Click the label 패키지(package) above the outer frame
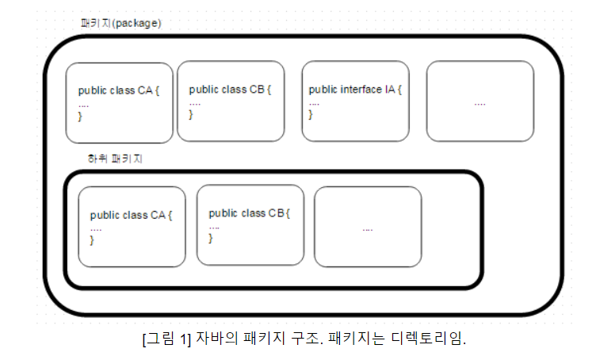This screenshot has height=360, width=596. tap(121, 23)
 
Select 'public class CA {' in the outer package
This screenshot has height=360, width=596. tap(118, 91)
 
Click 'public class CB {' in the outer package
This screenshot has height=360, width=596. tap(230, 90)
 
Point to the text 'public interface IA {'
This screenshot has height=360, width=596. tap(354, 90)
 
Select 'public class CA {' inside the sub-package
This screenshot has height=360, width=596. tap(131, 215)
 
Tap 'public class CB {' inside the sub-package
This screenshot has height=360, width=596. tap(250, 213)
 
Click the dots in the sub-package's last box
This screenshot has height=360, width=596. tap(368, 228)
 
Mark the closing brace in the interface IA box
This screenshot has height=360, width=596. tap(311, 115)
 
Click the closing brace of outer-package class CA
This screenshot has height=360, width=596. tap(81, 117)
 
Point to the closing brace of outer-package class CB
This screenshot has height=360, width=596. tap(192, 115)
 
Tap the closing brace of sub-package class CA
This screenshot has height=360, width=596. tap(93, 239)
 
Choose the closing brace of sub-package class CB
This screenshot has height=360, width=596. tap(212, 238)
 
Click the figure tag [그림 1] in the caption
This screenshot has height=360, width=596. tap(167, 339)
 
